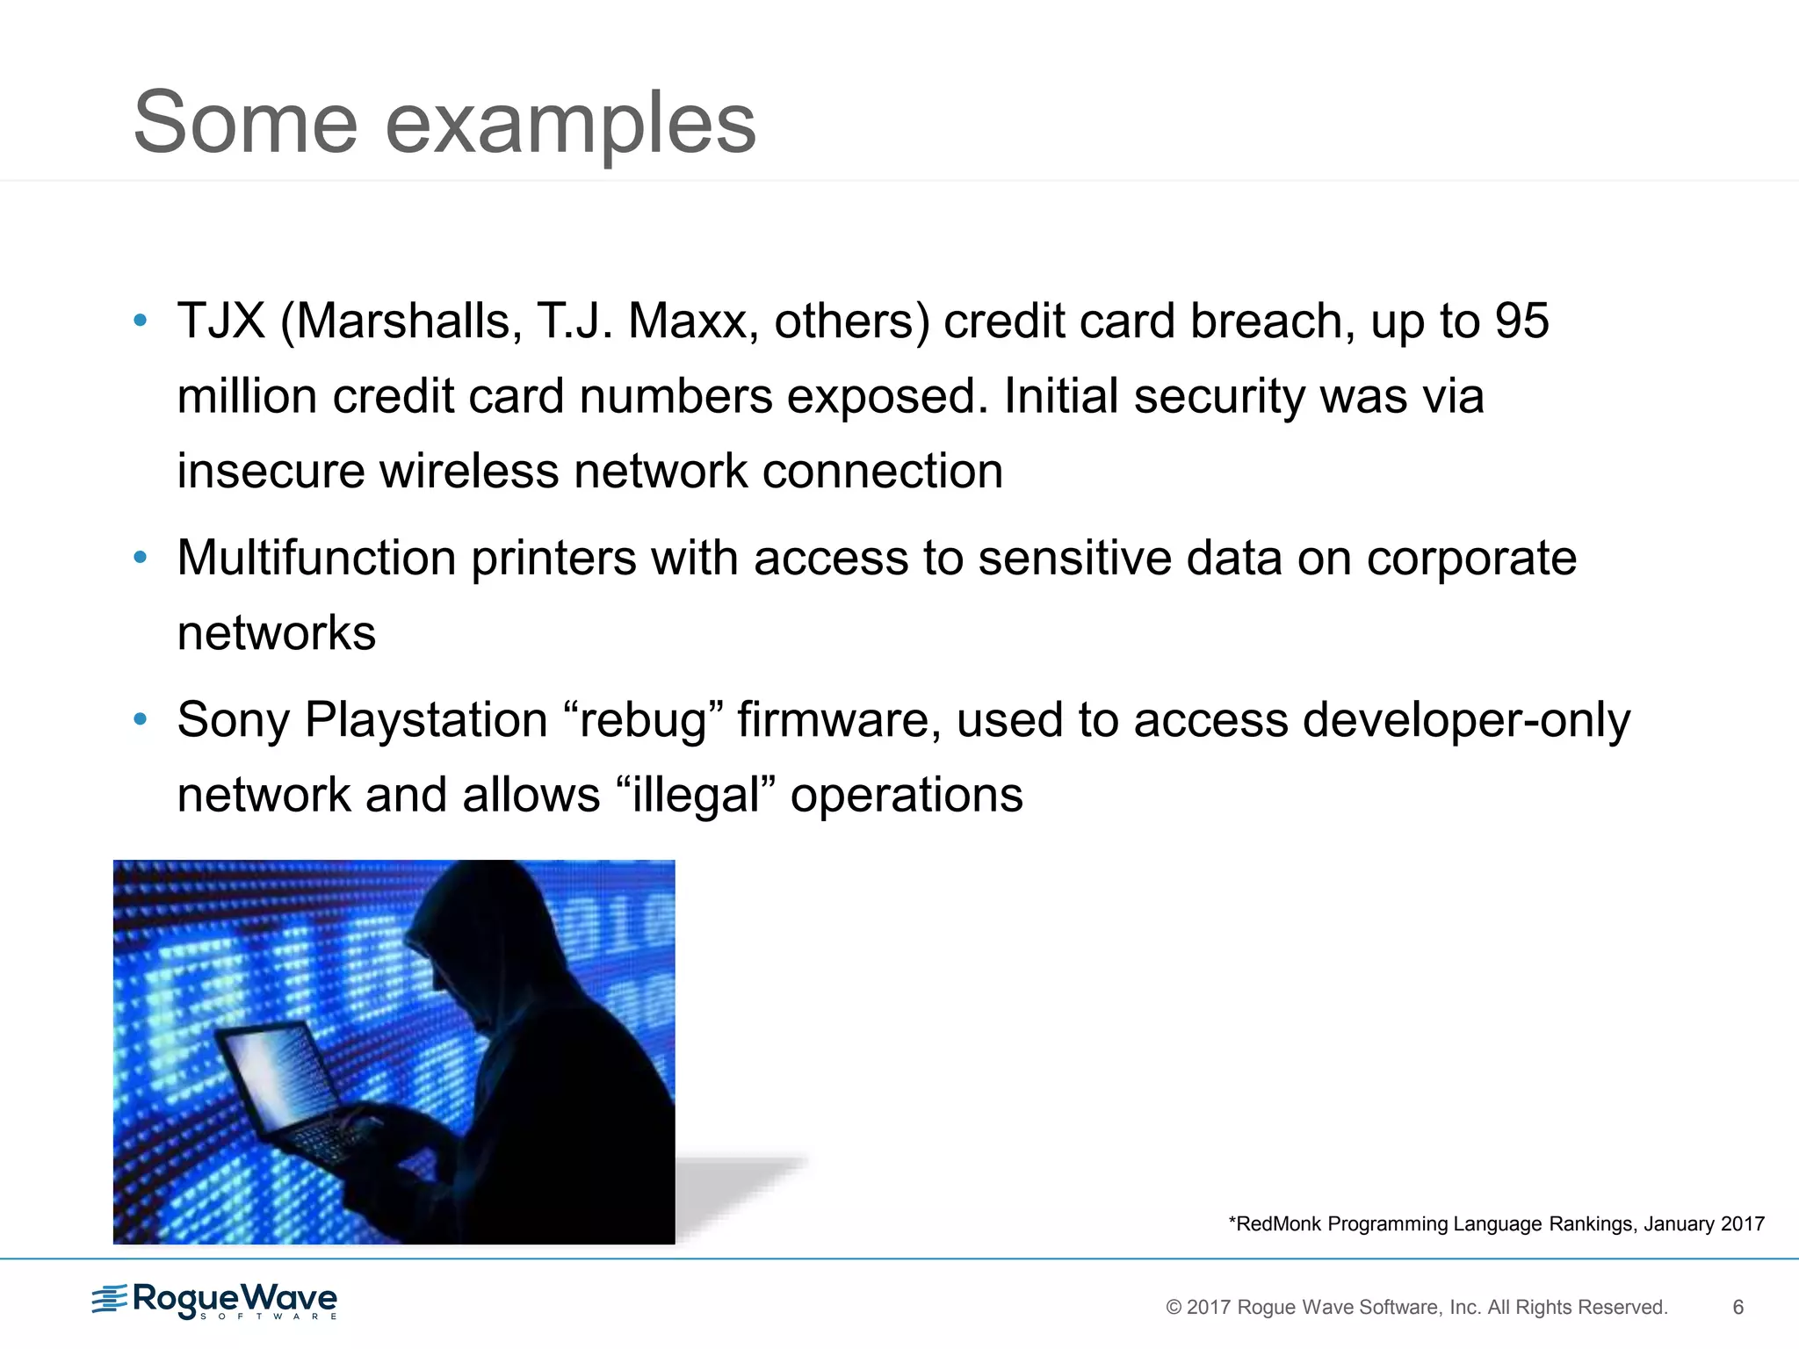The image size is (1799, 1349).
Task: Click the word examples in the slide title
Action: coord(570,125)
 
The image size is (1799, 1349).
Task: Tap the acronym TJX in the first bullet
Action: coord(220,321)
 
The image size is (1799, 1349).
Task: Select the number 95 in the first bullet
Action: coord(1521,321)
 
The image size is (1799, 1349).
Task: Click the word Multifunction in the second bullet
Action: coord(316,558)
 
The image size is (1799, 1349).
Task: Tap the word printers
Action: coord(553,559)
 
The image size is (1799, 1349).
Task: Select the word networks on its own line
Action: coord(276,633)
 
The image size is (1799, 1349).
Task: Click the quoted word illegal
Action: coord(695,796)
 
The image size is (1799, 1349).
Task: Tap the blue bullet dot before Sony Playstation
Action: coord(140,719)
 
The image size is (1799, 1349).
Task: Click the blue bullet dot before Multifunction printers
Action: coord(140,557)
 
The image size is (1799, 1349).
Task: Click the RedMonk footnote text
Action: coord(1496,1223)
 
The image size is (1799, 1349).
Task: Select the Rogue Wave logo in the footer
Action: coord(214,1301)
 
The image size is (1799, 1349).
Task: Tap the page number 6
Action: coord(1738,1307)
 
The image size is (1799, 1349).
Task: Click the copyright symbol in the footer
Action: coord(1173,1307)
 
